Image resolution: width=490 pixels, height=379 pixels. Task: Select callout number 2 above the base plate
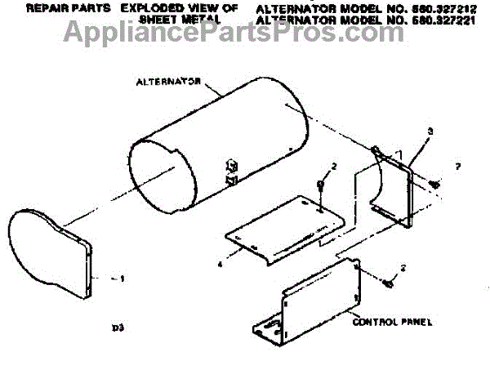point(332,167)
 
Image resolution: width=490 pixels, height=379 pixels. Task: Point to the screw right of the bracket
point(434,185)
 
